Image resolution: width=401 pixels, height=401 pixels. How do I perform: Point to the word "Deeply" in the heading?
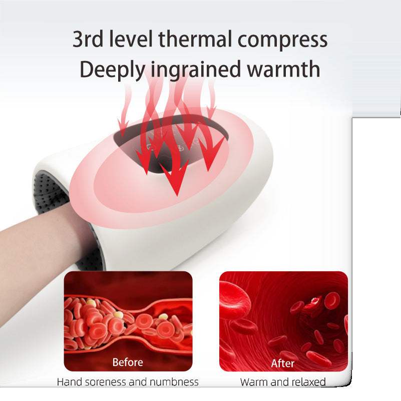[x=112, y=70]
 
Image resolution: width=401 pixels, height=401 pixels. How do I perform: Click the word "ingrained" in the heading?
[x=196, y=70]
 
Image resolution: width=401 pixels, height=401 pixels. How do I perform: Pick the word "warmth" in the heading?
[x=283, y=69]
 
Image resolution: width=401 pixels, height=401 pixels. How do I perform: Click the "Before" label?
[x=128, y=361]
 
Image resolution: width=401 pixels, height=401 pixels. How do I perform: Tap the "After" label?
[x=283, y=363]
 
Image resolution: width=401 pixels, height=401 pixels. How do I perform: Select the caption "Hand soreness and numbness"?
[x=128, y=382]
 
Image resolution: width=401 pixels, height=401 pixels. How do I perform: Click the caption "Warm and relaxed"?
[x=283, y=382]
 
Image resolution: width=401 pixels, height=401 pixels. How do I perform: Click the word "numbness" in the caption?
[x=174, y=382]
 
